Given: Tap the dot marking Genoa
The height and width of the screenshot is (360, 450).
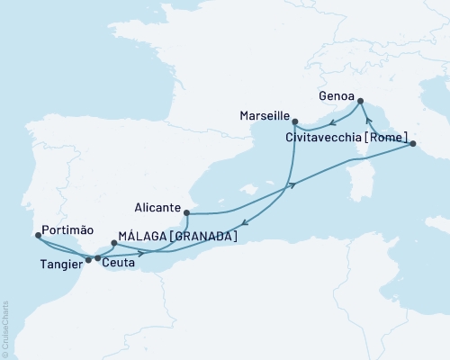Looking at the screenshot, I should click(x=359, y=101).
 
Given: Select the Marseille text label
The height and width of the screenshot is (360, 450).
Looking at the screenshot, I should click(x=264, y=117).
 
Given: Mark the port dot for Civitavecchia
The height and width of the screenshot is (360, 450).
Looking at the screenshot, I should click(x=411, y=143).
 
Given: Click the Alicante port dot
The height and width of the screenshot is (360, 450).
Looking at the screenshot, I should click(x=186, y=213).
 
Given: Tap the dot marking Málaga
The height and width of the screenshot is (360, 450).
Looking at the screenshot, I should click(x=112, y=243).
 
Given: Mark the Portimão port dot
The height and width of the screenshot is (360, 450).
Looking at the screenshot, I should click(x=37, y=236).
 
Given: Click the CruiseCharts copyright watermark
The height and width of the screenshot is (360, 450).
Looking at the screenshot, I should click(x=4, y=328).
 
